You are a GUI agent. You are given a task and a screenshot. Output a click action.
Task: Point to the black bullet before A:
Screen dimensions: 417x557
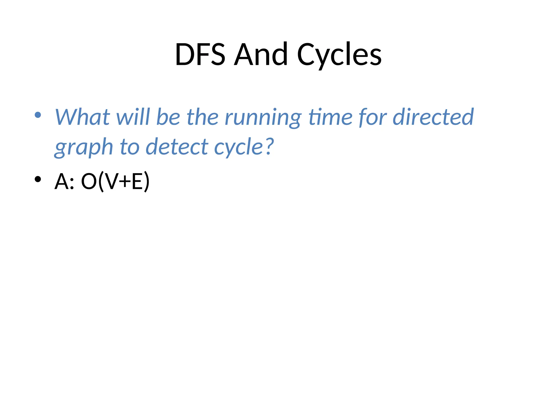pos(38,179)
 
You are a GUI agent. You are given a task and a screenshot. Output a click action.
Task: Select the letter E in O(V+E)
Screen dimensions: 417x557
pos(137,181)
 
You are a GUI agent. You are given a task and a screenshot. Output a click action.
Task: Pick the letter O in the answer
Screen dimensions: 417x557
pos(89,181)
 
